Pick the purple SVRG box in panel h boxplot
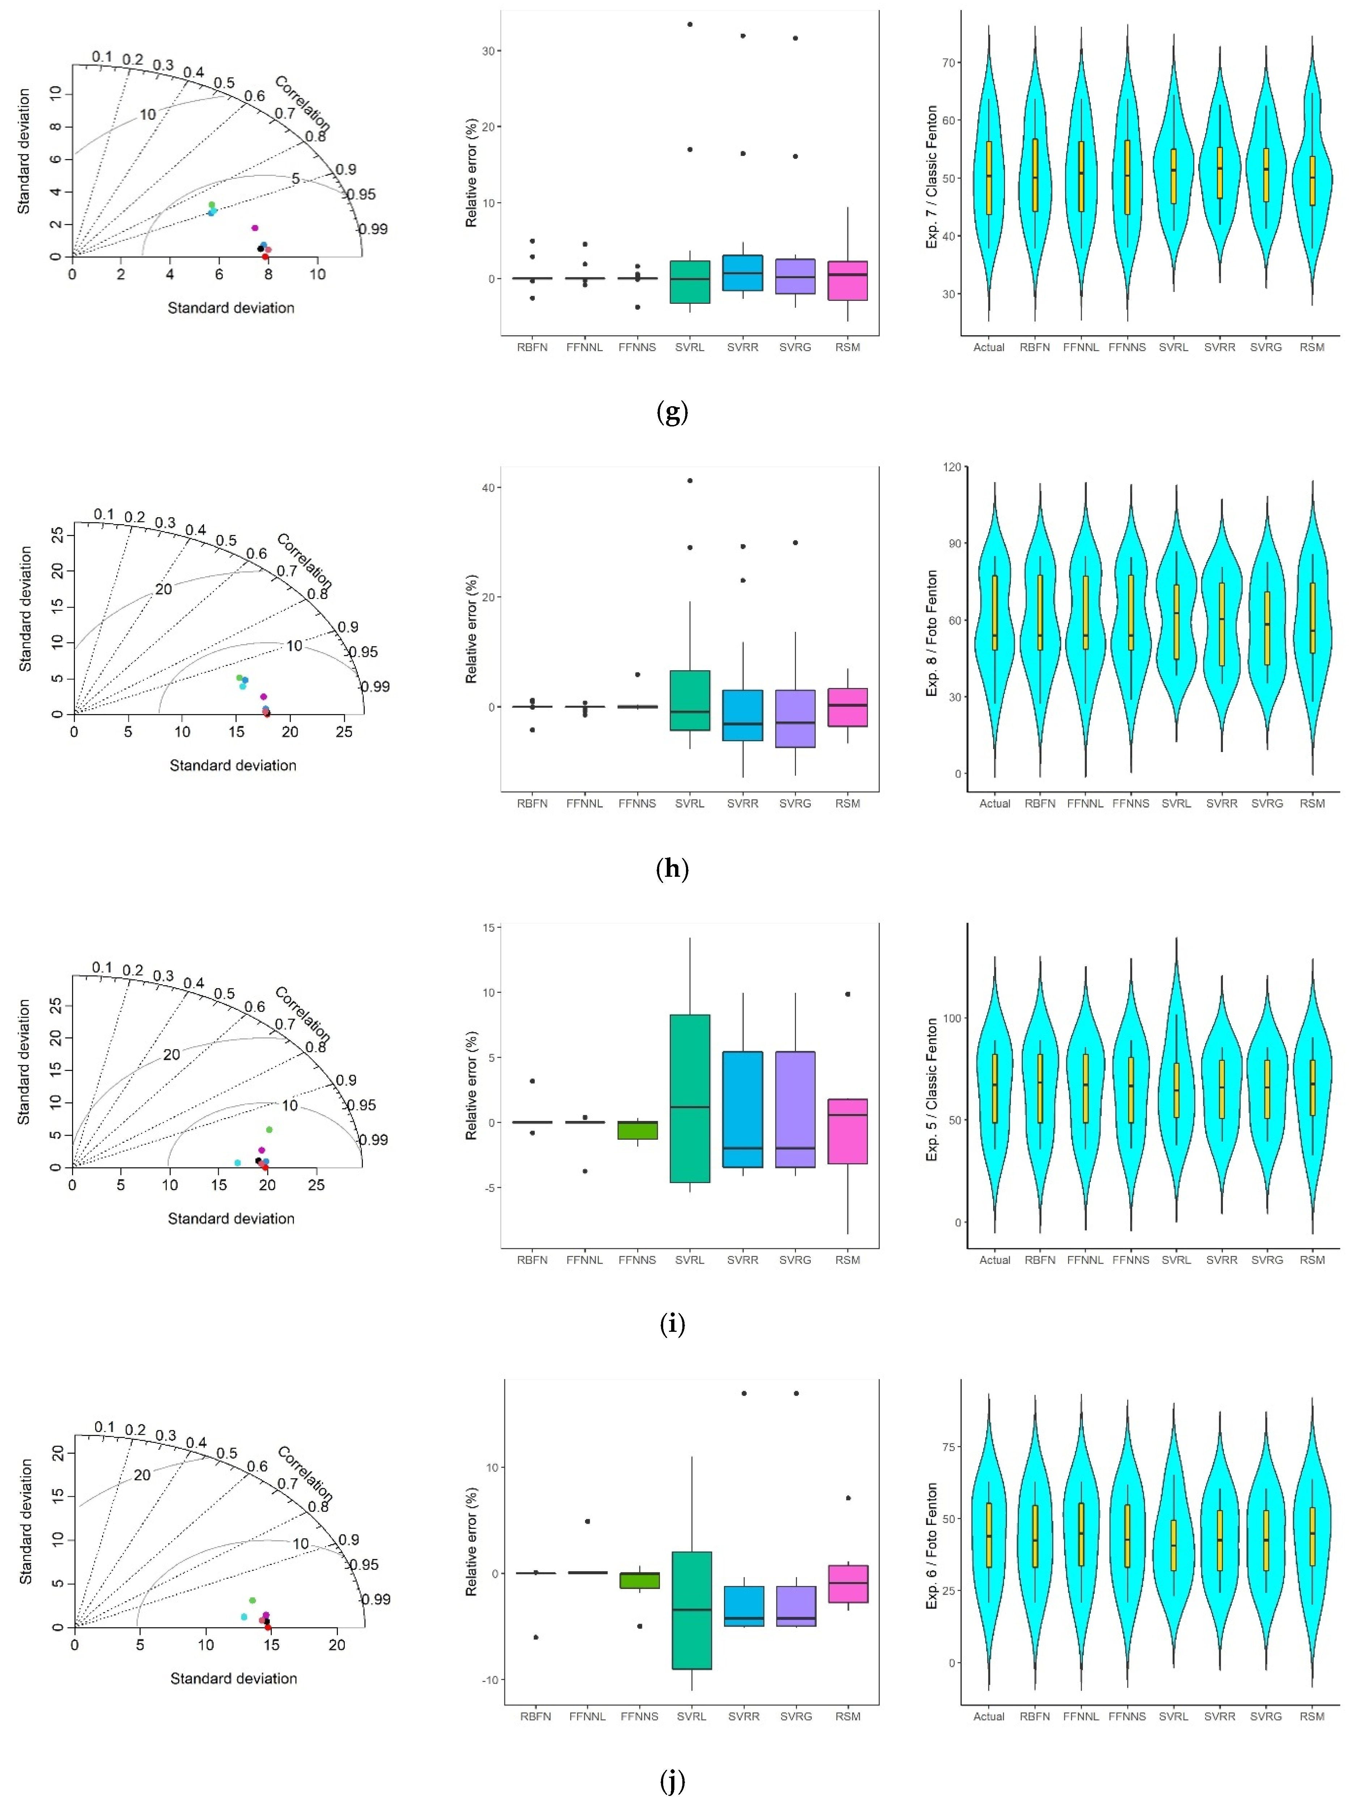click(x=795, y=718)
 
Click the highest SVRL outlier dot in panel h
click(x=690, y=481)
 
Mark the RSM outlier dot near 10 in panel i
click(x=848, y=994)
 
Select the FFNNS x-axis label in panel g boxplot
click(x=637, y=347)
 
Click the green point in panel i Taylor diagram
click(x=270, y=1130)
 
